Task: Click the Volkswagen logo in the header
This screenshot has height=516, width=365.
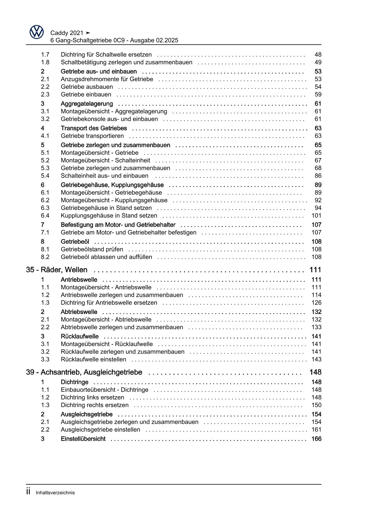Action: click(x=36, y=32)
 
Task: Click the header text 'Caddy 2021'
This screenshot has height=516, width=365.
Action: click(x=67, y=33)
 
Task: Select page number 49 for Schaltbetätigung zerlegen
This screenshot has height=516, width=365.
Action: click(x=318, y=62)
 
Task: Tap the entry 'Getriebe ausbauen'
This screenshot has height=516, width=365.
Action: click(x=87, y=87)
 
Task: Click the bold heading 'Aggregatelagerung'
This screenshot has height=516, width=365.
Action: click(x=87, y=104)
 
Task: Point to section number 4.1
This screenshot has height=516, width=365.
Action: click(x=45, y=136)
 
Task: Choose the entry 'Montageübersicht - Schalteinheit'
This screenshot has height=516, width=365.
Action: click(x=105, y=160)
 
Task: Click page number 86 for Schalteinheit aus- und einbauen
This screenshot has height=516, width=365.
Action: click(x=318, y=176)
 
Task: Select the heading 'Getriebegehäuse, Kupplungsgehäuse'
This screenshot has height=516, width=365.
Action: click(x=112, y=185)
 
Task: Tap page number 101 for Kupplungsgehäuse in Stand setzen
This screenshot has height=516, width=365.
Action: click(x=316, y=216)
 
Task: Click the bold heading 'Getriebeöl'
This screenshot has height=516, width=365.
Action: click(x=75, y=242)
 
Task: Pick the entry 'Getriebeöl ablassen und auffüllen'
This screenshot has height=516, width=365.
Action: click(x=106, y=257)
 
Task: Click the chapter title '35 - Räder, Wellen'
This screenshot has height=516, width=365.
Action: click(x=57, y=270)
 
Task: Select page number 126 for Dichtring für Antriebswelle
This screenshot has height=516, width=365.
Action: click(x=316, y=303)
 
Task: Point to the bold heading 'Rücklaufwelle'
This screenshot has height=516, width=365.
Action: click(x=79, y=336)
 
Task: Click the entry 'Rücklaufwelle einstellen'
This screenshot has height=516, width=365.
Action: click(x=93, y=359)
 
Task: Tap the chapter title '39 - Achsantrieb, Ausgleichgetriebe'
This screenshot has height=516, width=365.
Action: click(x=84, y=372)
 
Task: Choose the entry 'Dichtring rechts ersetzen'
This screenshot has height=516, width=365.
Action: click(x=94, y=405)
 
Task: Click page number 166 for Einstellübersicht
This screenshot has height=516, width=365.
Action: click(x=316, y=439)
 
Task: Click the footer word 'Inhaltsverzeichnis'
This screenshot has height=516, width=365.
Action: click(x=55, y=493)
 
